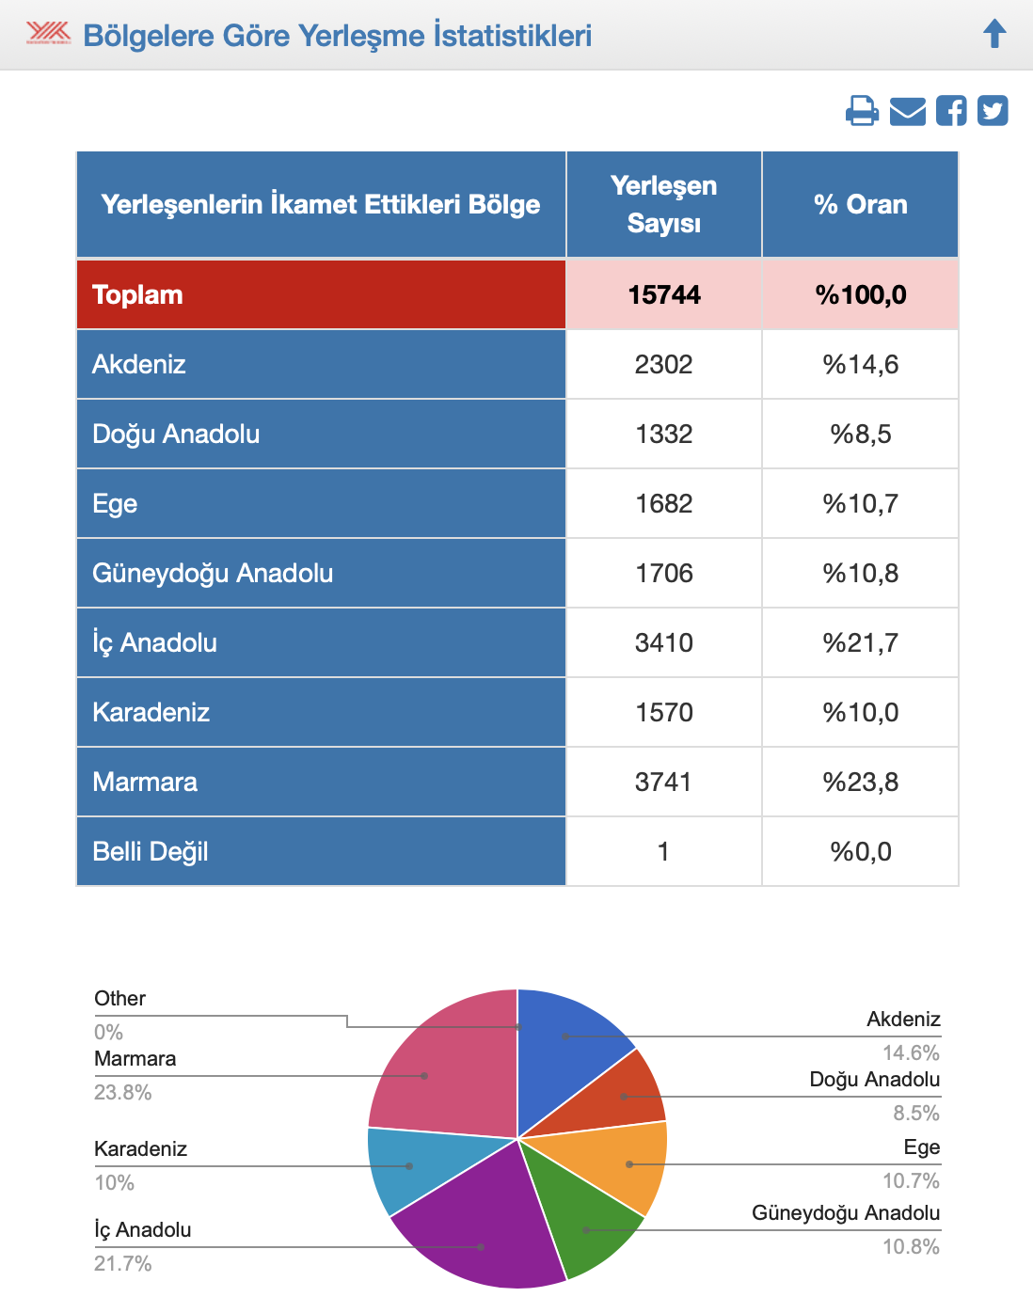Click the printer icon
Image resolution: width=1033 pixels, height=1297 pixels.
[862, 111]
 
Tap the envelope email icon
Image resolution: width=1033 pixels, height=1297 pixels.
[907, 111]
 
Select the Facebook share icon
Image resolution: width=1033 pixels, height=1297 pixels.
[951, 111]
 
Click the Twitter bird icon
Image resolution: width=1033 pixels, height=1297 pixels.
[993, 111]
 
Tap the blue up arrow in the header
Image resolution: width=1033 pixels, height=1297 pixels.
[994, 34]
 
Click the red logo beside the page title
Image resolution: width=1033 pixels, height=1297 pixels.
[48, 34]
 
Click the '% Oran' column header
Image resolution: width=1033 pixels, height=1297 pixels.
[860, 204]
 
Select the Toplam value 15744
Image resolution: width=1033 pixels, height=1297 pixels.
[664, 294]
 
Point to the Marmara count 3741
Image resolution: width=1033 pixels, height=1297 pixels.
[663, 782]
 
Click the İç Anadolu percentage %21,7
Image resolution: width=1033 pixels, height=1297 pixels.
[860, 642]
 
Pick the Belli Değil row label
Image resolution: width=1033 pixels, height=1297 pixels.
[151, 851]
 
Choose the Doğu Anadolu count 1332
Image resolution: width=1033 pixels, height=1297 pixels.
[663, 434]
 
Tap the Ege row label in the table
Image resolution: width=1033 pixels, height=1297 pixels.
[115, 503]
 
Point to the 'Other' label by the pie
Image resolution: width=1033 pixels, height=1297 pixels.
[120, 998]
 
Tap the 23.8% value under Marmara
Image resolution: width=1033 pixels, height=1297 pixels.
[123, 1092]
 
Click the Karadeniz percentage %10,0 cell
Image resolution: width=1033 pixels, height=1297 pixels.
[860, 712]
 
